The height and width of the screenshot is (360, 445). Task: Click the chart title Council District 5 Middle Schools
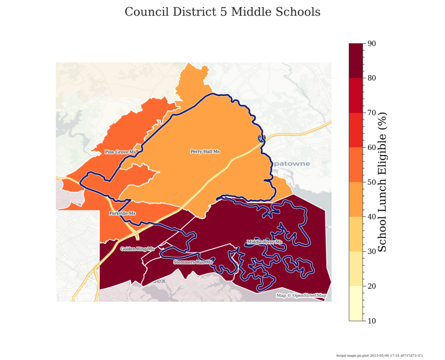(x=222, y=12)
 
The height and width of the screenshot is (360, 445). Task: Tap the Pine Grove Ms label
(x=120, y=152)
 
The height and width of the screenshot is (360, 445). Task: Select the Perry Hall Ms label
(x=205, y=151)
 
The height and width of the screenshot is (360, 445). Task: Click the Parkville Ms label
(x=123, y=213)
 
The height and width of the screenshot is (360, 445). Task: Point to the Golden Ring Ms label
(x=137, y=249)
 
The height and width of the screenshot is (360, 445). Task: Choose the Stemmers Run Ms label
(x=193, y=262)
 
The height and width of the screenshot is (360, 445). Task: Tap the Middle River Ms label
(x=264, y=242)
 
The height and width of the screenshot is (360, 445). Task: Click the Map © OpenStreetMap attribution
(x=301, y=295)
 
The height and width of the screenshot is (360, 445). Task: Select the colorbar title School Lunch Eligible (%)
(x=382, y=182)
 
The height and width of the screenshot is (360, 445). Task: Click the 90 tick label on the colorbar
(x=372, y=44)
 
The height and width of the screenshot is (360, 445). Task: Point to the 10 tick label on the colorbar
(x=372, y=321)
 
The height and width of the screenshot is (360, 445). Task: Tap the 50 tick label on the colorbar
(x=372, y=182)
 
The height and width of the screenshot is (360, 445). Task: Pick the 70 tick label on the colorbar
(x=372, y=113)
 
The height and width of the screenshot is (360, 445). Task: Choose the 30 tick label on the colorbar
(x=372, y=251)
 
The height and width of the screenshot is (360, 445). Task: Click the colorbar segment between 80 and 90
(x=356, y=61)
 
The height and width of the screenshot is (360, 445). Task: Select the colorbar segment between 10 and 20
(x=356, y=303)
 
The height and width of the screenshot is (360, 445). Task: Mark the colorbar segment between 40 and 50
(x=356, y=200)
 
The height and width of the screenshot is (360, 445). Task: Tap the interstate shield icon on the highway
(x=261, y=138)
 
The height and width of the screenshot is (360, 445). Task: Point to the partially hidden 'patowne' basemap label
(x=291, y=164)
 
